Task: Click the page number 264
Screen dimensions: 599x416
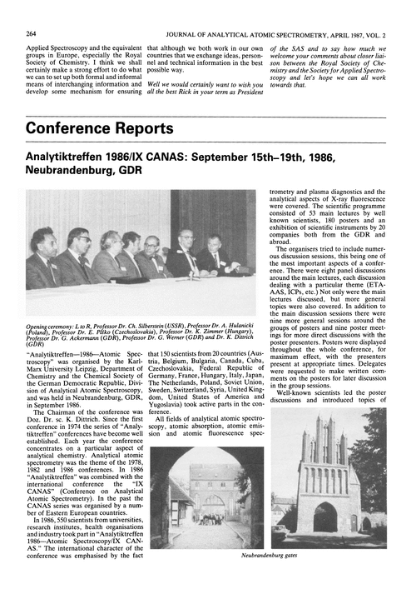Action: [32, 11]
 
